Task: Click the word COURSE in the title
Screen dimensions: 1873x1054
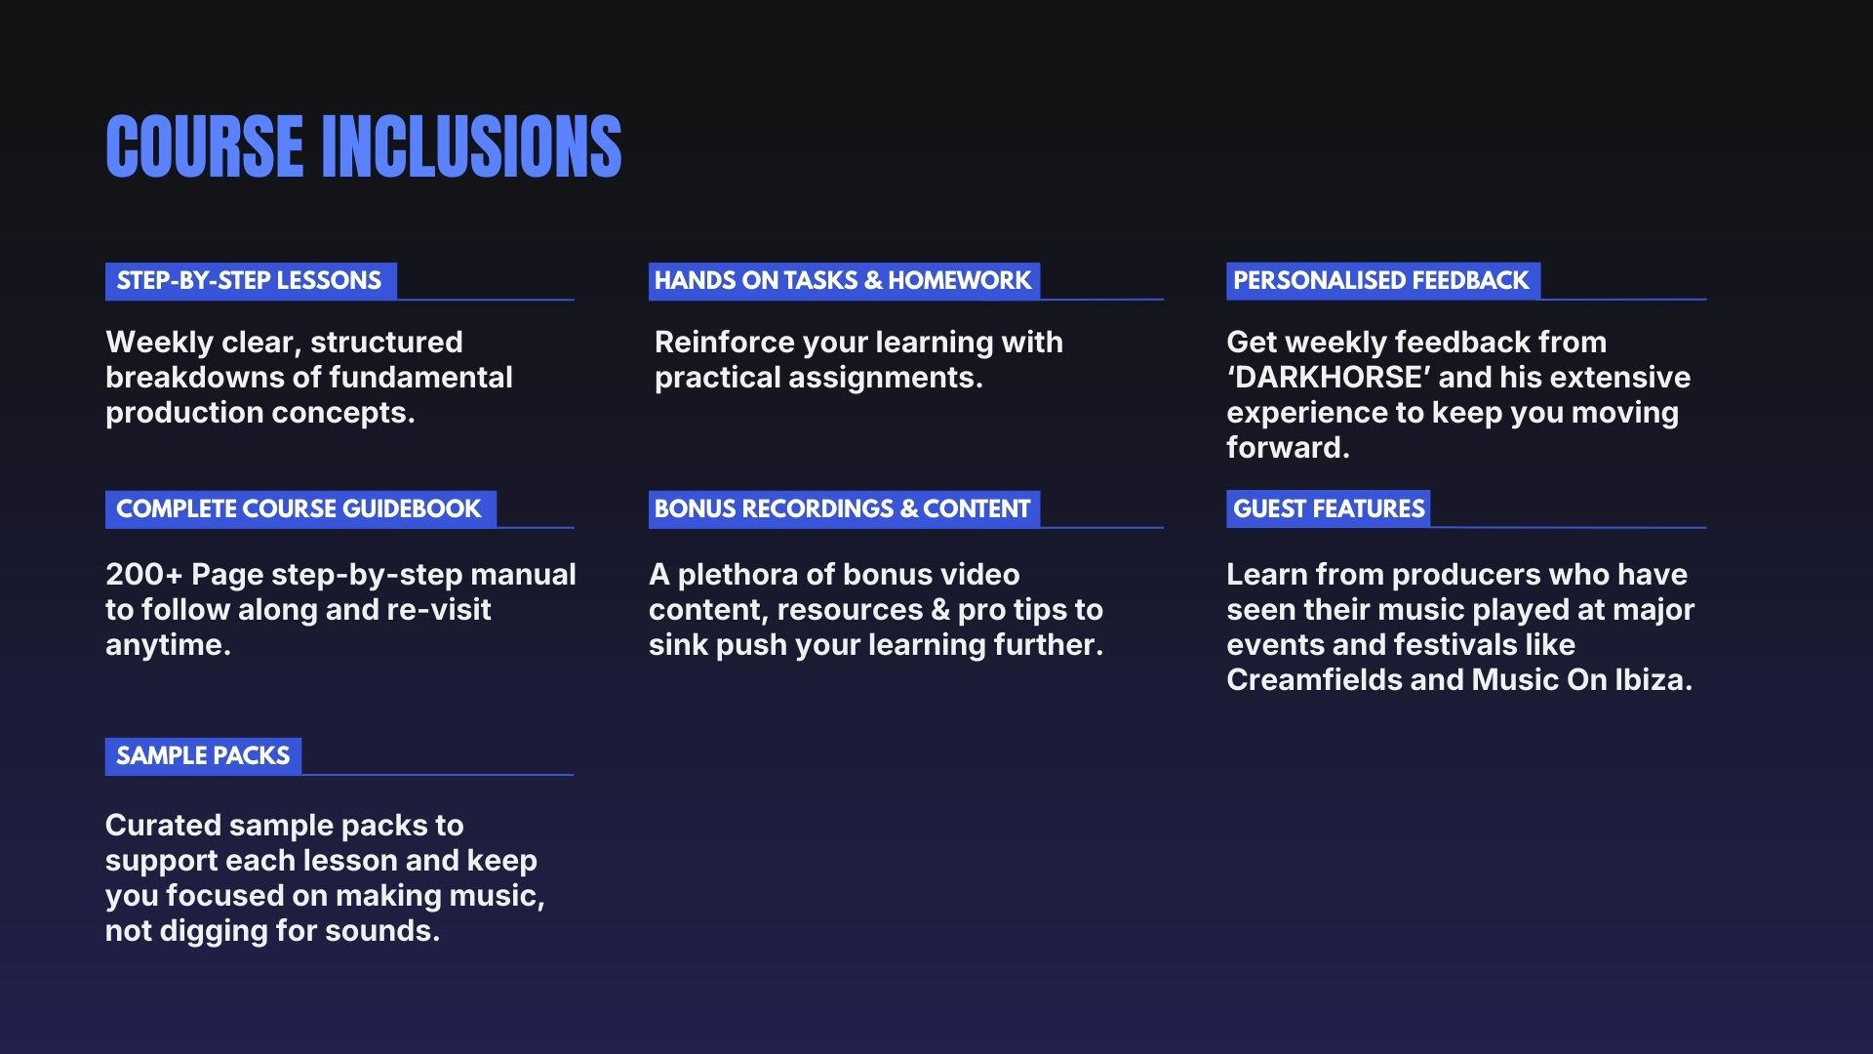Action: (204, 146)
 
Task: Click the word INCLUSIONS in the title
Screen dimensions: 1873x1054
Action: (471, 146)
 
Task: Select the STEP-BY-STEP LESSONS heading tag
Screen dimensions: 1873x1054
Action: (251, 281)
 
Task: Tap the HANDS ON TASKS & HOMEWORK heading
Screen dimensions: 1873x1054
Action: (844, 281)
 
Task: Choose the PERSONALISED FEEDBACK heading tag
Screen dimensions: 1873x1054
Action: (1383, 281)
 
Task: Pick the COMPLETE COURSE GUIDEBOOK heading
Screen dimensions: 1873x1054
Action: (300, 509)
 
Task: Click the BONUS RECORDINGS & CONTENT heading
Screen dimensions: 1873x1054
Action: (844, 509)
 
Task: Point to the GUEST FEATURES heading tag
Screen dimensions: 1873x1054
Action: (1328, 508)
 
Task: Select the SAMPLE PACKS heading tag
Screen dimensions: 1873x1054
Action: (203, 756)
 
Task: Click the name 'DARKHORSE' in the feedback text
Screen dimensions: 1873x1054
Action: (1328, 378)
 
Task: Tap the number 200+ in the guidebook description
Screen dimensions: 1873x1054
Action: (143, 574)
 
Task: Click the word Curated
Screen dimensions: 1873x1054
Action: (163, 826)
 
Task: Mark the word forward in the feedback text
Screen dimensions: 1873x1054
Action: (1288, 448)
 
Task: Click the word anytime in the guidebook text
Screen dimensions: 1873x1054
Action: (168, 646)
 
